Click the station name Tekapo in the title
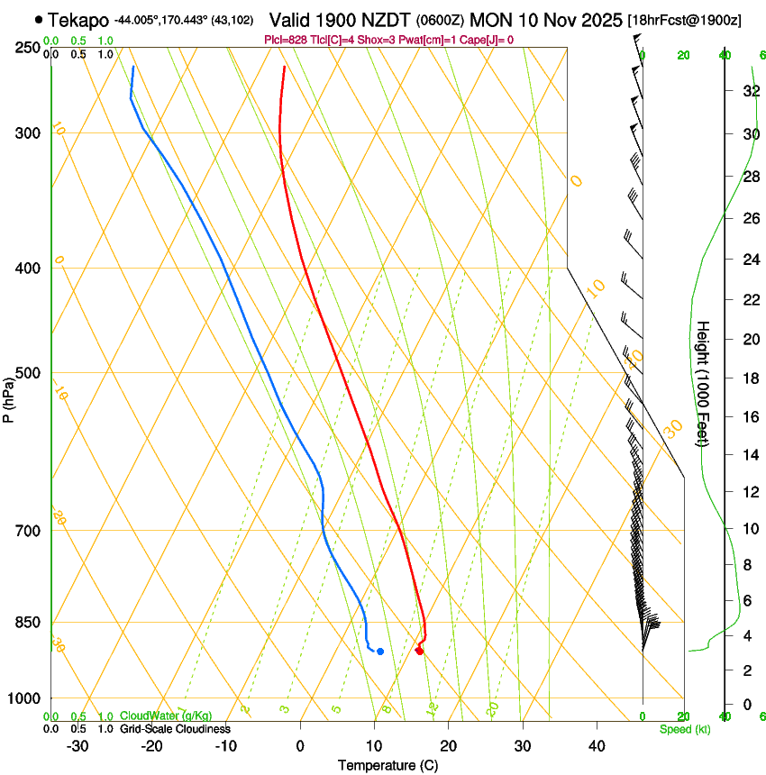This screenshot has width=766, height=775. point(78,19)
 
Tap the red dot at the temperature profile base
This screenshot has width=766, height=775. point(419,651)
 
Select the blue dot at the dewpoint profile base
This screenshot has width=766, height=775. point(380,651)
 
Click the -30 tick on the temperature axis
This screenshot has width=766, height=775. point(78,745)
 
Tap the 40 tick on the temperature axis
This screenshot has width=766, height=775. point(597,745)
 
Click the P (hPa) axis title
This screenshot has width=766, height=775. point(8,397)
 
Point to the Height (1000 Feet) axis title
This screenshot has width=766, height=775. point(703,384)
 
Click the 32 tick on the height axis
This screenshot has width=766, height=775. point(749,91)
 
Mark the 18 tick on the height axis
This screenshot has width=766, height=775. point(749,378)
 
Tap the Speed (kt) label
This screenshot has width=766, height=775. point(684,729)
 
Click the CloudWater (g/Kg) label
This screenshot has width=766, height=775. point(166,716)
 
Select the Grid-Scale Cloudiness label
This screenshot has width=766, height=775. point(175,728)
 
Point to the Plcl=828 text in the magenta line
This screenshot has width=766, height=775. point(286,40)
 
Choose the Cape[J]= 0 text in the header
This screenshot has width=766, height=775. point(488,40)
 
